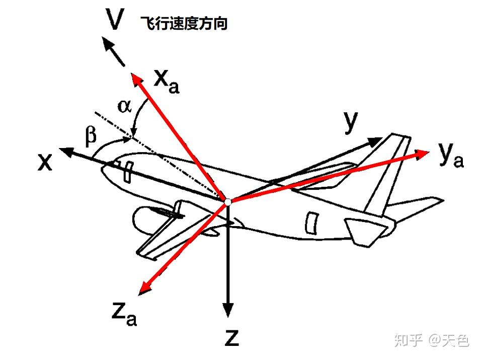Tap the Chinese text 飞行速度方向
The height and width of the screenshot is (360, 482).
[x=184, y=24]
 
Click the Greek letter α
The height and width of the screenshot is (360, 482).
[x=124, y=105]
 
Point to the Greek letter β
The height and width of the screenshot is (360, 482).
[x=91, y=136]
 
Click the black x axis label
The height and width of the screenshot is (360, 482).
[x=45, y=162]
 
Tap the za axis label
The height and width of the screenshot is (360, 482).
[x=123, y=313]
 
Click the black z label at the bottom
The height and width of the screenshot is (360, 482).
[x=231, y=338]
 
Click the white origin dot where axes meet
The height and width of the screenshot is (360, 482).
[x=227, y=201]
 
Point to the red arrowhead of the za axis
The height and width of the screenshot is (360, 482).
[x=144, y=289]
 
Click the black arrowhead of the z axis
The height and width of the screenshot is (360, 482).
[x=228, y=310]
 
